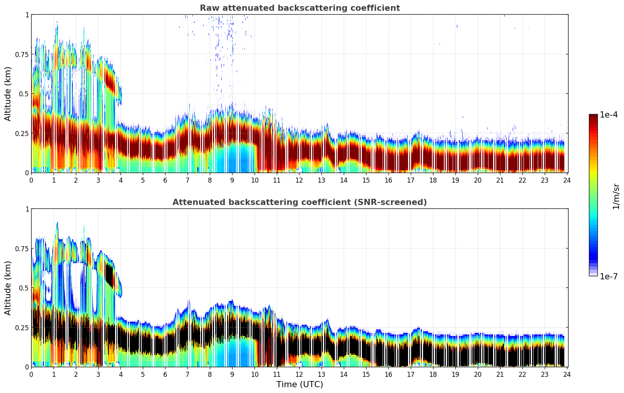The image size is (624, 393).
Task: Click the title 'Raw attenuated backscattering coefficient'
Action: pos(299,8)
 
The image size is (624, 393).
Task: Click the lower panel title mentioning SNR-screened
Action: pos(299,202)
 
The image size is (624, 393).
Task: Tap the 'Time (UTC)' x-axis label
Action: pos(299,385)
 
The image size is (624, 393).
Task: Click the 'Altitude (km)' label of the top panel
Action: pos(8,94)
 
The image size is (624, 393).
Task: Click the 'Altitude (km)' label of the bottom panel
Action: pos(8,288)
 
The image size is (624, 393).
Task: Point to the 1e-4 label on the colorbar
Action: pos(609,115)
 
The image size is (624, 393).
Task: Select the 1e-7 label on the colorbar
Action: pos(609,276)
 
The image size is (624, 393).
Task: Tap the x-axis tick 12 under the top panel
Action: pos(299,180)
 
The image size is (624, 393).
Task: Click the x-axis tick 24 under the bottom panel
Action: pos(567,375)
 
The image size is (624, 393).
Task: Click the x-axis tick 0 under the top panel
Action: pos(31,180)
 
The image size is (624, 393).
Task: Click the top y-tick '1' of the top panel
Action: pos(27,15)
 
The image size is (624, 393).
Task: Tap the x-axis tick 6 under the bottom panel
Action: pos(165,375)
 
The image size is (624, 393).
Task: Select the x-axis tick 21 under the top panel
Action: pos(500,180)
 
